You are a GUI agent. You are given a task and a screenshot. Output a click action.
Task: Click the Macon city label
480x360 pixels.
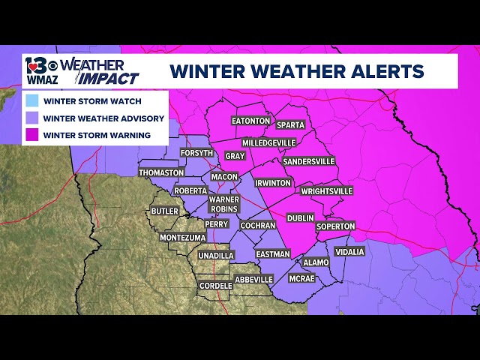(x=224, y=177)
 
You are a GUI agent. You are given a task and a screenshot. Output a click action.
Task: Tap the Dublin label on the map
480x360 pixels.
(x=300, y=218)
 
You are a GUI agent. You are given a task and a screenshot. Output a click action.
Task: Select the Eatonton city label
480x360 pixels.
(x=250, y=121)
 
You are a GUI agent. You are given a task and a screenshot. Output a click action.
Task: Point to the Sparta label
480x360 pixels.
(x=290, y=125)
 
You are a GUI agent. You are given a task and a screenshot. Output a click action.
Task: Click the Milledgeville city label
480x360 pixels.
(x=269, y=142)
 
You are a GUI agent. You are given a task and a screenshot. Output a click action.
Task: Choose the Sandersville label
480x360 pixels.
(x=308, y=161)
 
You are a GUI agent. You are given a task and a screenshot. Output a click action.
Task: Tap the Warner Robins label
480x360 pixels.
(x=223, y=204)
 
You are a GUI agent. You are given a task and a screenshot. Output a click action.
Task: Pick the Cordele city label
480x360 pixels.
(x=215, y=286)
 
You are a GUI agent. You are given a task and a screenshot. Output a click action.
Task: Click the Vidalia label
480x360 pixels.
(x=349, y=252)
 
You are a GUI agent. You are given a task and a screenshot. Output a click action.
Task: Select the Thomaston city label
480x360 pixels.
(x=161, y=172)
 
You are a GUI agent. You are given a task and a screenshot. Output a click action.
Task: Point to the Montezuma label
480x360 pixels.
(x=182, y=238)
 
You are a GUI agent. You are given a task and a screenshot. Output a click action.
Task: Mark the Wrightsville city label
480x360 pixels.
(x=326, y=191)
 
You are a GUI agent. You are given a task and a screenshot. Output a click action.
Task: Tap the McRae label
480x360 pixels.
(x=302, y=278)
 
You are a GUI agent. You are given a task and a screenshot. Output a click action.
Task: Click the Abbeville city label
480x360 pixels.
(x=253, y=280)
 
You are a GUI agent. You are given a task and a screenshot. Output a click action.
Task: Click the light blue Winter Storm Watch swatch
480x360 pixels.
(x=31, y=100)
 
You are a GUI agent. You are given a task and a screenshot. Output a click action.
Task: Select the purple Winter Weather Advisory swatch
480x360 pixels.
(x=31, y=118)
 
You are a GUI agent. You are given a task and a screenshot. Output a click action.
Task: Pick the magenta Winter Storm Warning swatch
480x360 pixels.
(x=31, y=135)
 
